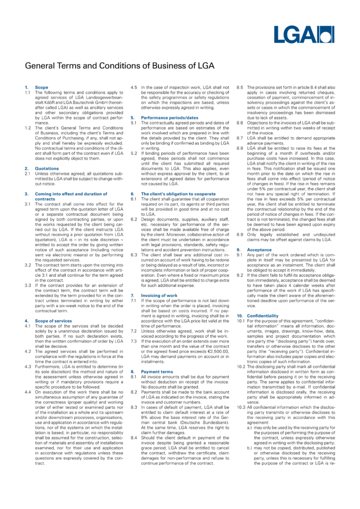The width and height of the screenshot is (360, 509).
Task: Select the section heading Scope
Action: point(41,87)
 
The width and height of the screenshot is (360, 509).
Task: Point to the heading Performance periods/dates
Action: point(169,117)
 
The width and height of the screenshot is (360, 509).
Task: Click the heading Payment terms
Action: point(156,372)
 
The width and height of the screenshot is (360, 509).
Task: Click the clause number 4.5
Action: point(134,87)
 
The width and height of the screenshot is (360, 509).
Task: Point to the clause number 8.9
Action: point(240,234)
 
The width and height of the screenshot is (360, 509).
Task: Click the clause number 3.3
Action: point(28,285)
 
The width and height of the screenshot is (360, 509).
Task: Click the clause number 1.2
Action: point(28,127)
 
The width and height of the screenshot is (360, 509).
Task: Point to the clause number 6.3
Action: point(134,254)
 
